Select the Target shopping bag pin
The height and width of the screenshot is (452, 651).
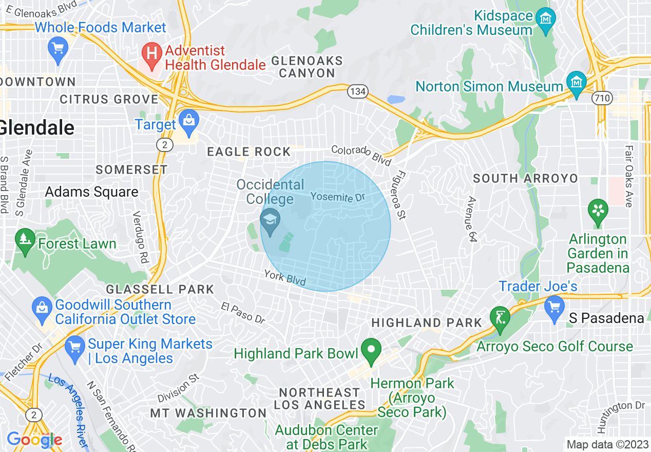click(x=189, y=121)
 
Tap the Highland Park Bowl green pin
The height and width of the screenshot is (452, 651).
click(x=371, y=350)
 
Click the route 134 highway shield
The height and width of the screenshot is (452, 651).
click(x=357, y=92)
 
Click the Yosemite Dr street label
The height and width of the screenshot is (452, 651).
click(x=337, y=197)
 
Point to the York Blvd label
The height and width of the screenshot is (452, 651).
click(x=285, y=278)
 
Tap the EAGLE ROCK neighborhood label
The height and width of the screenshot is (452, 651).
click(x=249, y=152)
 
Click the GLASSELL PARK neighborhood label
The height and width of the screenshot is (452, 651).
click(x=160, y=289)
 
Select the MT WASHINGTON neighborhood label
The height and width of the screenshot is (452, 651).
click(x=208, y=413)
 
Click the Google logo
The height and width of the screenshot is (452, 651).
click(x=34, y=440)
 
